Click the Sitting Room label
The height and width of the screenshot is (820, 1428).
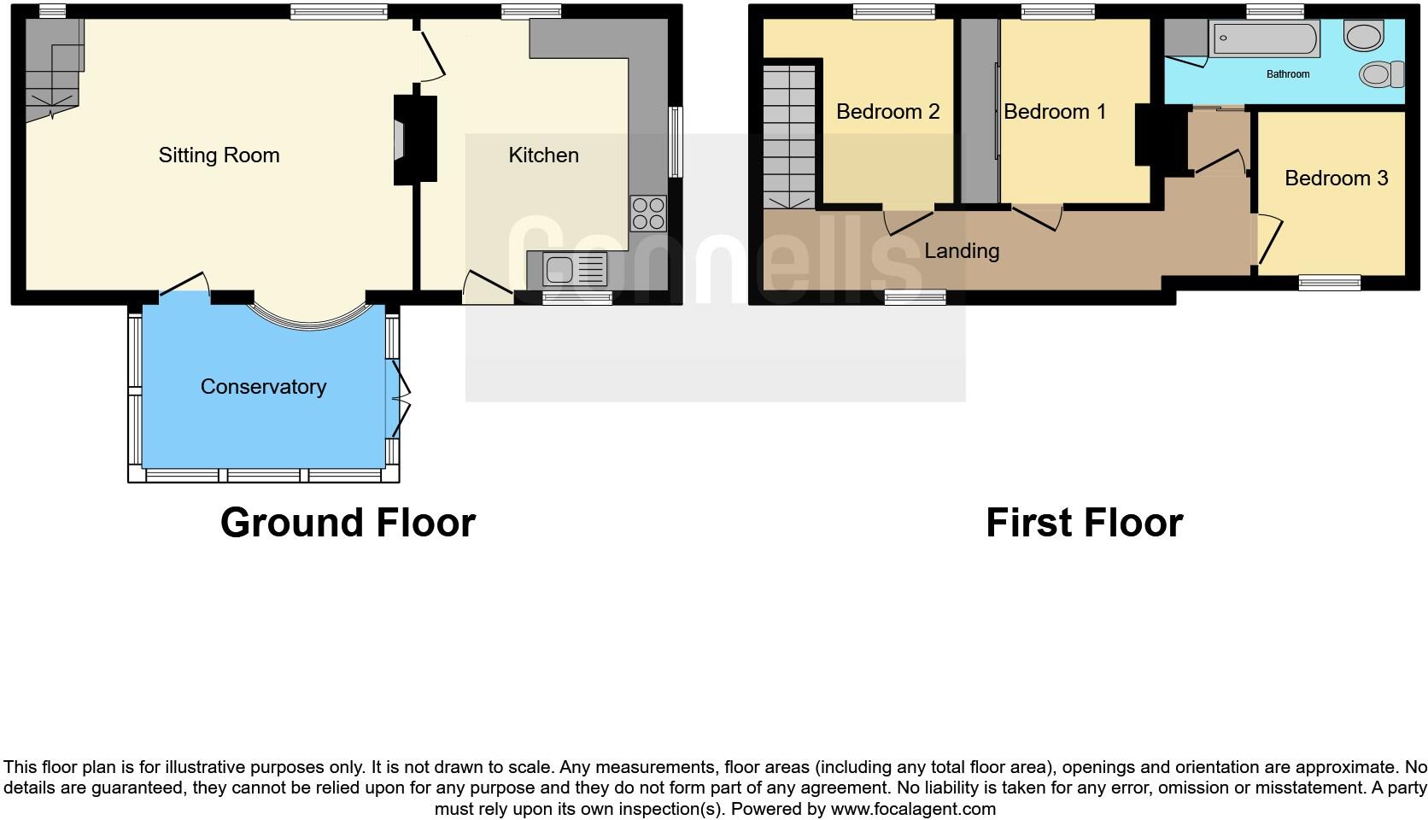point(219,155)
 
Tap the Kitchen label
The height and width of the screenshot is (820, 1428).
point(543,155)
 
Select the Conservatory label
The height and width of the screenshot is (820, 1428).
point(263,387)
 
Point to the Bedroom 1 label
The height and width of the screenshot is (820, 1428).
point(1054,112)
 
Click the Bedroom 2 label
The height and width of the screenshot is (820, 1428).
point(887,112)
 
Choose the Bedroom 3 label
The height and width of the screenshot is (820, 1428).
point(1336,179)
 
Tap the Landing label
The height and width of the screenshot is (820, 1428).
point(961,251)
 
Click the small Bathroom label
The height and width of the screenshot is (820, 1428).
point(1287,74)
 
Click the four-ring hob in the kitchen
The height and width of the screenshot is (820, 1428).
point(647,214)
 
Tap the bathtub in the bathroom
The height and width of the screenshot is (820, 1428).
point(1264,39)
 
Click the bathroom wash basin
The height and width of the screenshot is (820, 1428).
point(1363,36)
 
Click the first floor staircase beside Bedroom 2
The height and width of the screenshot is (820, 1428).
point(789,137)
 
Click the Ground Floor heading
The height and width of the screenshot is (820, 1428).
point(348,523)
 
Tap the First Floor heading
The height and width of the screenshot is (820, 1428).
point(1084,523)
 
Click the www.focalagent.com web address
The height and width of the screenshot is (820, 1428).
point(913,808)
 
